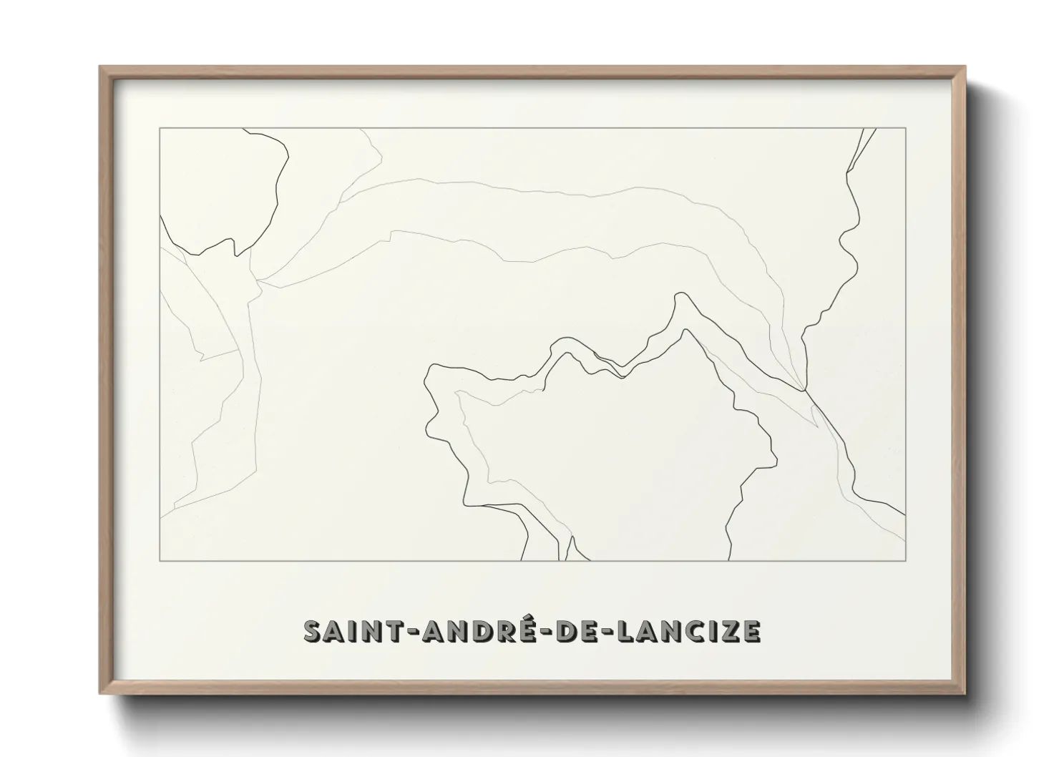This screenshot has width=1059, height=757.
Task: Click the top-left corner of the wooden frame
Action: coord(100,67)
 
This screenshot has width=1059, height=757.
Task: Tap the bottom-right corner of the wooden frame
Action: coord(965,694)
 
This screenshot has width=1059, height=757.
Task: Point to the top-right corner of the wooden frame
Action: coord(965,67)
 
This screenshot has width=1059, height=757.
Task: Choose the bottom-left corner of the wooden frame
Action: coord(100,694)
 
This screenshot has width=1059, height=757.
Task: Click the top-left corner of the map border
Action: coord(160,128)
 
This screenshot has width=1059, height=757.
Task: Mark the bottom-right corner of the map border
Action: coord(905,560)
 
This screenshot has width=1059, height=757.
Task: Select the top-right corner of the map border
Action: coord(905,128)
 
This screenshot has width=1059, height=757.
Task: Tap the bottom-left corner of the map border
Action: coord(160,560)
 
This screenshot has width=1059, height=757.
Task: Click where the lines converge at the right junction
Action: coord(804,389)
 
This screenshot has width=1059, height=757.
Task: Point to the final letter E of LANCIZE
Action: coord(751,631)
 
